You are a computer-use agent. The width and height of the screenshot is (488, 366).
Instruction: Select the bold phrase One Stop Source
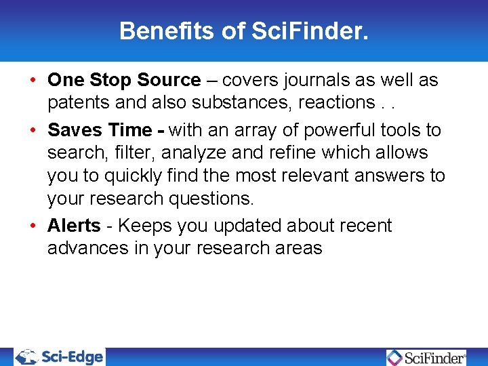click(x=124, y=80)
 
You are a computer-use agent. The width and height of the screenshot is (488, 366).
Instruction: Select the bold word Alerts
click(x=74, y=226)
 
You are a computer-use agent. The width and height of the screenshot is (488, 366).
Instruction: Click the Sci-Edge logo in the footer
click(x=60, y=357)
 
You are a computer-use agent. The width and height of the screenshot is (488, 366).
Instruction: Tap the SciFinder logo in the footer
click(x=426, y=357)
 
